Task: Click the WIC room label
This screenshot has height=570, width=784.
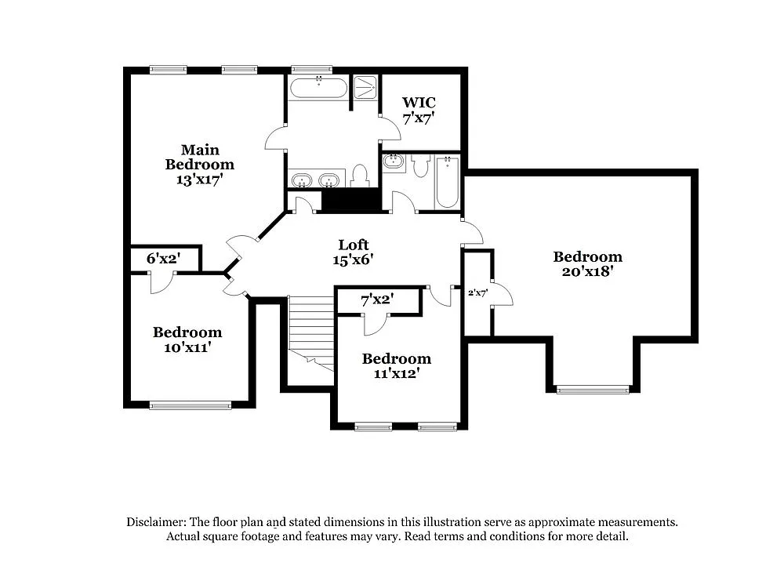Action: (419, 103)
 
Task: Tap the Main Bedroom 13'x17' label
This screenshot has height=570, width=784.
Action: (199, 164)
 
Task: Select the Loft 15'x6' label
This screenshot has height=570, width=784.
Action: (353, 252)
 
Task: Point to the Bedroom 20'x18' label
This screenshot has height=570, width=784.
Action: (587, 263)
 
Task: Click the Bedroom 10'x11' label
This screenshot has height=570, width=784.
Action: (187, 339)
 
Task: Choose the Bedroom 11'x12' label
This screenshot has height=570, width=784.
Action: (396, 365)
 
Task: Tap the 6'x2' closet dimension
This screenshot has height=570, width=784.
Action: (163, 259)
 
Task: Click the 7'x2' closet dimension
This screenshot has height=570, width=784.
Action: (377, 299)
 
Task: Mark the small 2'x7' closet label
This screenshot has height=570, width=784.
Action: (478, 292)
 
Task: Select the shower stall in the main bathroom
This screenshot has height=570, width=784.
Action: (365, 87)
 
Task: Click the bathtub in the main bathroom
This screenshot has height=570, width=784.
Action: (318, 87)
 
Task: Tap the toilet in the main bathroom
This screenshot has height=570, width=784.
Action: (361, 176)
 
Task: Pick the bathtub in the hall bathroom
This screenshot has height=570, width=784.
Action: (447, 182)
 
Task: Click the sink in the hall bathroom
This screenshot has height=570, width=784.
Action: (394, 162)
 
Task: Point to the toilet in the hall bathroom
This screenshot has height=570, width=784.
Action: (420, 165)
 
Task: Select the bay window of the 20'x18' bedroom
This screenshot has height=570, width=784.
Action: (593, 389)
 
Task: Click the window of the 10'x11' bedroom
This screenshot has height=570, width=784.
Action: (191, 405)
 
